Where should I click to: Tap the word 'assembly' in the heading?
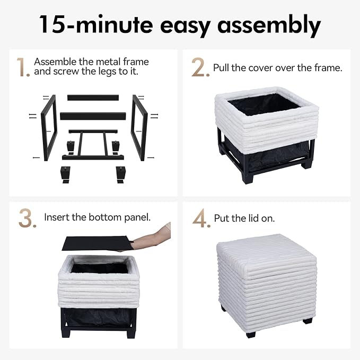269,25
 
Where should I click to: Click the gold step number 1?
23,67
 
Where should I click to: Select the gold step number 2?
200,67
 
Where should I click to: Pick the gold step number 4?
201,218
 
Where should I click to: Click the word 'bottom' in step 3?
105,217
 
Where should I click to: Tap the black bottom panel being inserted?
97,243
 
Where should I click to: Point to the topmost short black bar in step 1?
93,98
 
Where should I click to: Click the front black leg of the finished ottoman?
251,334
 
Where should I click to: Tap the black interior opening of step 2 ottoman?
264,104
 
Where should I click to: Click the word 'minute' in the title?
115,24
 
